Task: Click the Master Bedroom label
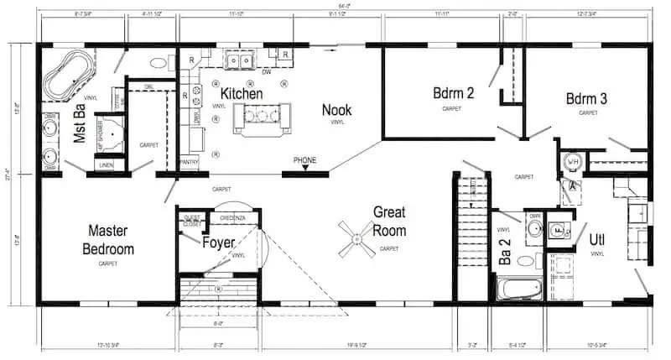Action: coord(108,238)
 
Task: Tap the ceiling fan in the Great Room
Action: coord(356,237)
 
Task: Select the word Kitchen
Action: coord(242,95)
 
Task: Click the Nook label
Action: coord(337,110)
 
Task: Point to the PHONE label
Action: coord(305,159)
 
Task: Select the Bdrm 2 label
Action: coord(454,92)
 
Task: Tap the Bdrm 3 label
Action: coord(586,98)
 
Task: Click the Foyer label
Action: coord(219,243)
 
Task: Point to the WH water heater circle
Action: coord(574,161)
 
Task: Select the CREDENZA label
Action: coord(232,217)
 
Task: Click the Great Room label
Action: coord(390,222)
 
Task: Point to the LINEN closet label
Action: coord(106,165)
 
